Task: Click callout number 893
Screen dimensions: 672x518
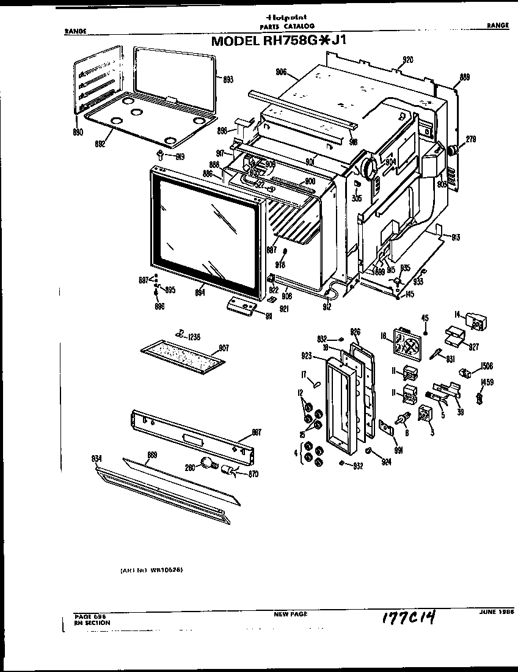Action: [227, 79]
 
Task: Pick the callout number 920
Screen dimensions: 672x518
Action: [407, 60]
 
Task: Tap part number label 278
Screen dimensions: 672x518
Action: [470, 140]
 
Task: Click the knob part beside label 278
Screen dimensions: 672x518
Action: [454, 150]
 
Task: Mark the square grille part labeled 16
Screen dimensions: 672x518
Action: [405, 343]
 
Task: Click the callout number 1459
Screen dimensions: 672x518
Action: [487, 383]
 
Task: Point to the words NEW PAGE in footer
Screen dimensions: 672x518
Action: [290, 614]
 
